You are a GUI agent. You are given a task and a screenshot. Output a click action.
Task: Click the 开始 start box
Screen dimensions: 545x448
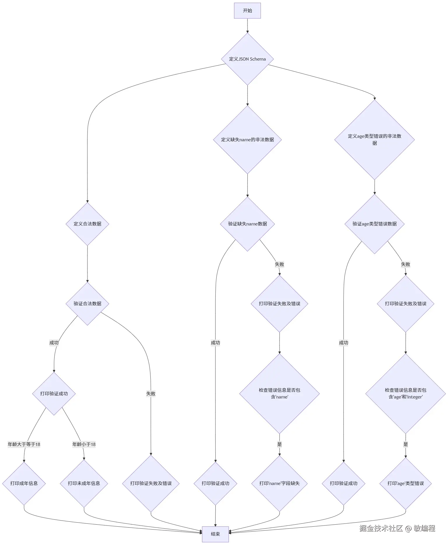pyautogui.click(x=247, y=11)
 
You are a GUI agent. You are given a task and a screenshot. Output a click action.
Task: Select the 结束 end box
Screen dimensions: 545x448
pyautogui.click(x=215, y=534)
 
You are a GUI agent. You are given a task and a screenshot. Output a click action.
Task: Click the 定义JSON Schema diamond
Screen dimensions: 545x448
pyautogui.click(x=247, y=59)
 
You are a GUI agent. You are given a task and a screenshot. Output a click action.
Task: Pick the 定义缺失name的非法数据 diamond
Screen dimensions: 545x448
pyautogui.click(x=247, y=140)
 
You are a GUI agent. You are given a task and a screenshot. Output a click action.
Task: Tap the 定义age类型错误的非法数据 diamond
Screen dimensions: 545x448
pyautogui.click(x=374, y=140)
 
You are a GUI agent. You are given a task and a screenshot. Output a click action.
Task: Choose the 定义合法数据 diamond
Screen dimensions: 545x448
pyautogui.click(x=87, y=224)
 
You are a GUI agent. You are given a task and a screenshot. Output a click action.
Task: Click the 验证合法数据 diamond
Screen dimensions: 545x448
pyautogui.click(x=87, y=304)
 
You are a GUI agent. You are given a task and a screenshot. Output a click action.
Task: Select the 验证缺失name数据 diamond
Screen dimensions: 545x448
pyautogui.click(x=247, y=224)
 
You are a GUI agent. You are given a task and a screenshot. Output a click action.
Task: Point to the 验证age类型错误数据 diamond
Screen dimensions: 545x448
pyautogui.click(x=374, y=224)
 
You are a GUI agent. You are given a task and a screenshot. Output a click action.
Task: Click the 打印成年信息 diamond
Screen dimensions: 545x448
pyautogui.click(x=24, y=483)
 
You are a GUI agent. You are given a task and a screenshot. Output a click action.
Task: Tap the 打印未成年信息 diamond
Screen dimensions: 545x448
pyautogui.click(x=84, y=483)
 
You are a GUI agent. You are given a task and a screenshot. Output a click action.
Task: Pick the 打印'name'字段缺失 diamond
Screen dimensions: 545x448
pyautogui.click(x=279, y=483)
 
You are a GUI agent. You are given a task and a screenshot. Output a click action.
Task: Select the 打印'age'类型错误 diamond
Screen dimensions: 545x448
pyautogui.click(x=405, y=483)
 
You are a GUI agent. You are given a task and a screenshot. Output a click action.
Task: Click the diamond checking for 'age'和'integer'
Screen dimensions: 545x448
pyautogui.click(x=405, y=393)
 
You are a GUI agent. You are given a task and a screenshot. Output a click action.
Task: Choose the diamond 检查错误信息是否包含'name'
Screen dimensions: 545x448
pyautogui.click(x=279, y=393)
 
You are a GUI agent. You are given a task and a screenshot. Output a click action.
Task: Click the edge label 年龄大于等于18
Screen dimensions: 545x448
pyautogui.click(x=24, y=444)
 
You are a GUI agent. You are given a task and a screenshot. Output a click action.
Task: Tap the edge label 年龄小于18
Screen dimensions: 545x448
pyautogui.click(x=84, y=444)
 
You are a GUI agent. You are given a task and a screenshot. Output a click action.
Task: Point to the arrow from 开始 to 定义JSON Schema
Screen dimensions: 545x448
pyautogui.click(x=247, y=26)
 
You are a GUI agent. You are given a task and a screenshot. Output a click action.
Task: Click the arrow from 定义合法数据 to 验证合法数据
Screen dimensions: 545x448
pyautogui.click(x=87, y=264)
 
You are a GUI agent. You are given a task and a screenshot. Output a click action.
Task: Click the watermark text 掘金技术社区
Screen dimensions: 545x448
pyautogui.click(x=381, y=528)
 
